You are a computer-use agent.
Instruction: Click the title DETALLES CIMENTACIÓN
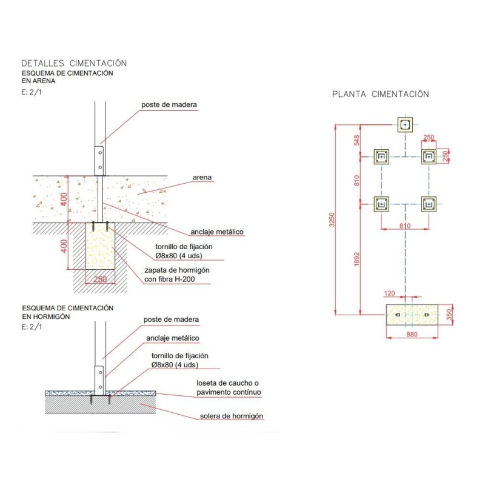74,63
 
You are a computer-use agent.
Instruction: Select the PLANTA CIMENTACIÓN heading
381,94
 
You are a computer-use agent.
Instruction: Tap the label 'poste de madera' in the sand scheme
169,104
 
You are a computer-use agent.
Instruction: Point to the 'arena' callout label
202,177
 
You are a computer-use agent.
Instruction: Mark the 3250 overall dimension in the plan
331,220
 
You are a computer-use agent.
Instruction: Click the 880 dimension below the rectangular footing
412,335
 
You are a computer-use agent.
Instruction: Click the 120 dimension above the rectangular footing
390,293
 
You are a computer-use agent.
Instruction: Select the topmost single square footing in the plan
405,125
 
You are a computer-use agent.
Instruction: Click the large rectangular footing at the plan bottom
412,316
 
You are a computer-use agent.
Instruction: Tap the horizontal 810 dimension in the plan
405,226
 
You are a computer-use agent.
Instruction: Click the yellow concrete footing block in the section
100,249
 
